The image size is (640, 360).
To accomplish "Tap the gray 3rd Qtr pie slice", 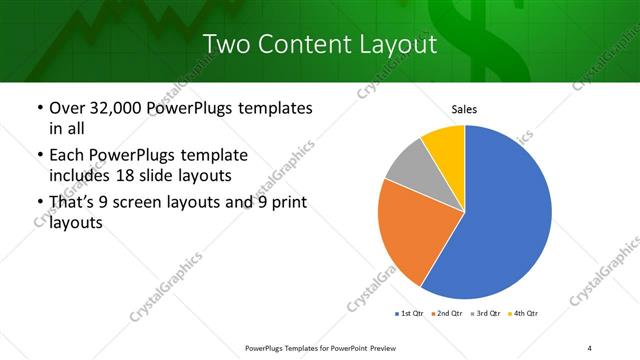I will [409, 169].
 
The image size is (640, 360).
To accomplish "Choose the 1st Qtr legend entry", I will [410, 314].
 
